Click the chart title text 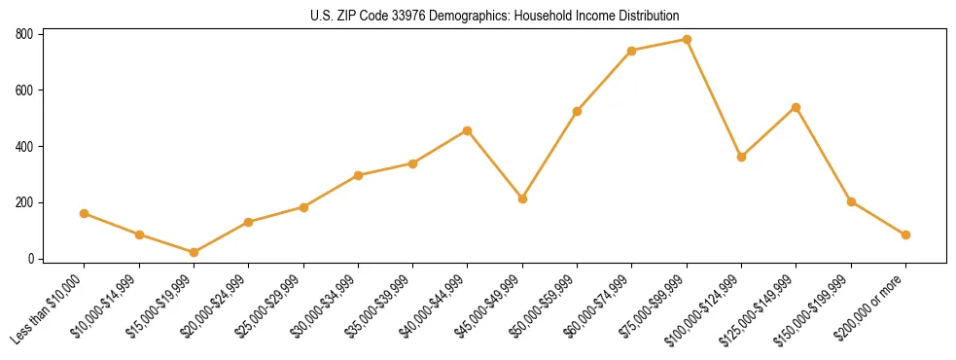tap(495, 16)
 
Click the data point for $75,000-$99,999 tap(687, 40)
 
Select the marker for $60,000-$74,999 tap(632, 51)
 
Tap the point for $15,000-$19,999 tap(194, 253)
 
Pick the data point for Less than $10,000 tap(85, 213)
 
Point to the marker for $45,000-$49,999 tap(522, 198)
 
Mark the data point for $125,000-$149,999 tap(797, 107)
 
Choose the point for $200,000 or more tap(905, 234)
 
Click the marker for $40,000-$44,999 tap(468, 130)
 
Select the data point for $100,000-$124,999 tap(742, 157)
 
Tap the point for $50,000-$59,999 tap(578, 111)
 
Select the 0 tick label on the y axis tap(31, 259)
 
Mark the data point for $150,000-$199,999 tap(851, 201)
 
